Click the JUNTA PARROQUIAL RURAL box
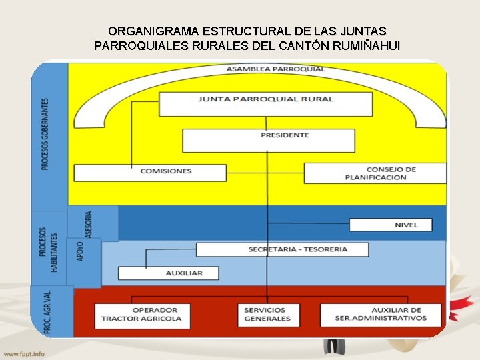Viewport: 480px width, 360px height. click(265, 104)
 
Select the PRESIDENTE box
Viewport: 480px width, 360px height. click(268, 140)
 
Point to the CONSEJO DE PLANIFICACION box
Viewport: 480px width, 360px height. click(375, 173)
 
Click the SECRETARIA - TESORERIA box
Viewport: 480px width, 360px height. click(283, 249)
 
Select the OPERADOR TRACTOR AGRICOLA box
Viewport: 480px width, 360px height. click(142, 315)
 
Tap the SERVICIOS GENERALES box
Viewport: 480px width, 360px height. click(268, 315)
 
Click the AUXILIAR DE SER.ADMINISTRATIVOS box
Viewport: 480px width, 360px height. click(381, 315)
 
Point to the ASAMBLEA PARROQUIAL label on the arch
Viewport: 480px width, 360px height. click(275, 69)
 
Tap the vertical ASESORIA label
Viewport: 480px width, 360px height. click(89, 224)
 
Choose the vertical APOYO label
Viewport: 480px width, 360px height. click(81, 251)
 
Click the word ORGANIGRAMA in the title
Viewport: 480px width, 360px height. click(147, 31)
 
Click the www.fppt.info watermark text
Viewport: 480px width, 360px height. click(24, 353)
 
